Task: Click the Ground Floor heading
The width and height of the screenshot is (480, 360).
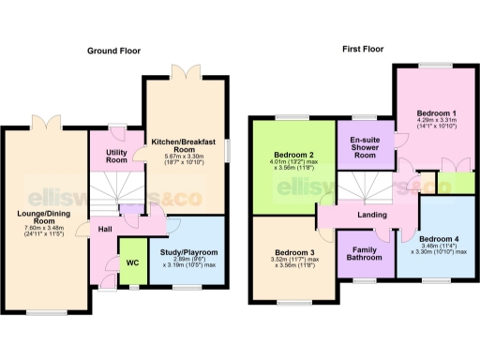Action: pyautogui.click(x=113, y=50)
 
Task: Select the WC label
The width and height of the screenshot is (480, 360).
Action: pyautogui.click(x=131, y=263)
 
